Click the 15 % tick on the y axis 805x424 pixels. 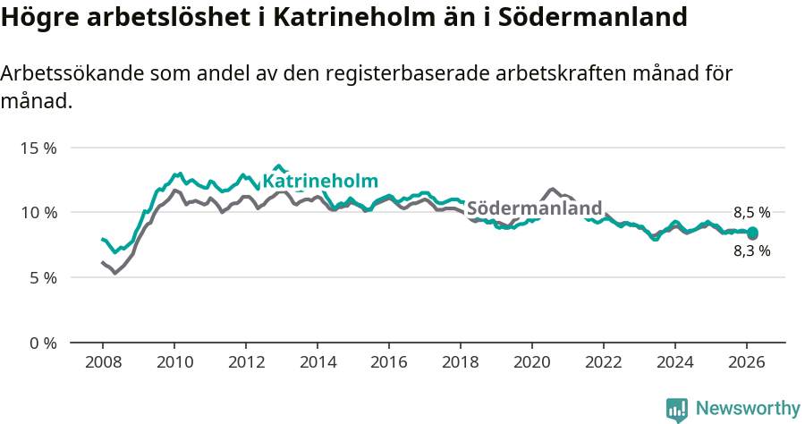point(38,148)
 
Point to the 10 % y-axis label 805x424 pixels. point(38,213)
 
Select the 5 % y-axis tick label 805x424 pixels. point(42,278)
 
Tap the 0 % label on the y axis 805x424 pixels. point(42,343)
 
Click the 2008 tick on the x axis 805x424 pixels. point(103,363)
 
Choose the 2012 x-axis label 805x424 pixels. point(246,363)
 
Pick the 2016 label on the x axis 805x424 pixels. point(389,363)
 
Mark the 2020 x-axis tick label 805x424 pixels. point(532,363)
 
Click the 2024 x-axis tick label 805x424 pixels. point(675,363)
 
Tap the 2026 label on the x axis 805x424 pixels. point(747,363)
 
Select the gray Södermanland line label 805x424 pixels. point(534,208)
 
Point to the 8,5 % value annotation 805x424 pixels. point(751,213)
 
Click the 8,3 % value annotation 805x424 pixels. point(751,251)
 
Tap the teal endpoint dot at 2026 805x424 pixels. point(752,233)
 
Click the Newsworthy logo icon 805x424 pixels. point(677,409)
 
